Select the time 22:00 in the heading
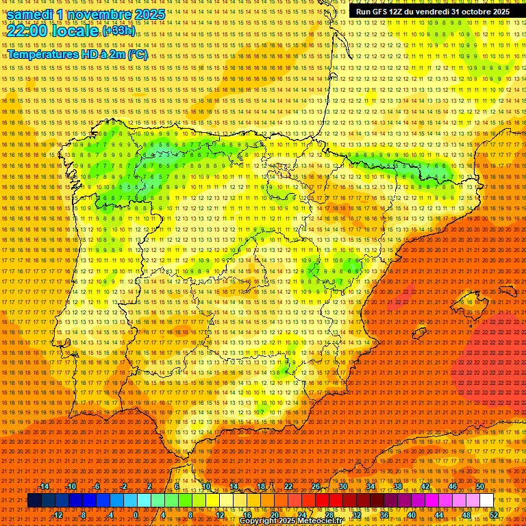(28, 31)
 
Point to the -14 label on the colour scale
(45, 486)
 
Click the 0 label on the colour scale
(136, 515)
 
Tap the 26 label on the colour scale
(315, 486)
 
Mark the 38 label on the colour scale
(397, 486)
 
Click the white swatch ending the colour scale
(486, 501)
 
